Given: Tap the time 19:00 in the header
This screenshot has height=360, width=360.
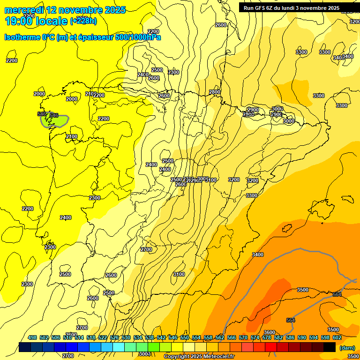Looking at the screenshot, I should (19, 21).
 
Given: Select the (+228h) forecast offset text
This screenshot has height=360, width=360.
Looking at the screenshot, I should (83, 21).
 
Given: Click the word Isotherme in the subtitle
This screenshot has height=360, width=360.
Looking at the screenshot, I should (22, 37).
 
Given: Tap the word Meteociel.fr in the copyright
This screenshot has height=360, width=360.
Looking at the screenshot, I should (217, 357).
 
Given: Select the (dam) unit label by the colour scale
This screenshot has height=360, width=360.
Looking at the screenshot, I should (347, 347).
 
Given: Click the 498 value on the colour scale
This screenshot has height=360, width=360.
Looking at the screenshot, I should (32, 337).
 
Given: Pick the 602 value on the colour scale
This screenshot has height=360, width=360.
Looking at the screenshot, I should (337, 337).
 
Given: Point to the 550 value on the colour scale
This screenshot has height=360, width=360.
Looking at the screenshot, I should (185, 337).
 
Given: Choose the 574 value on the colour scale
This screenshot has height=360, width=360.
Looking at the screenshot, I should (255, 337).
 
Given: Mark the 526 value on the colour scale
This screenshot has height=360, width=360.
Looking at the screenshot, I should (114, 337).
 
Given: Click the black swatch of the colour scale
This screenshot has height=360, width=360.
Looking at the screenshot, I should (329, 347).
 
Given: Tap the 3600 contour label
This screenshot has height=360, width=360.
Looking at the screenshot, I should (270, 332).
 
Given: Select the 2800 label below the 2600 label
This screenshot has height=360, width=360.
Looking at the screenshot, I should (215, 92).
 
